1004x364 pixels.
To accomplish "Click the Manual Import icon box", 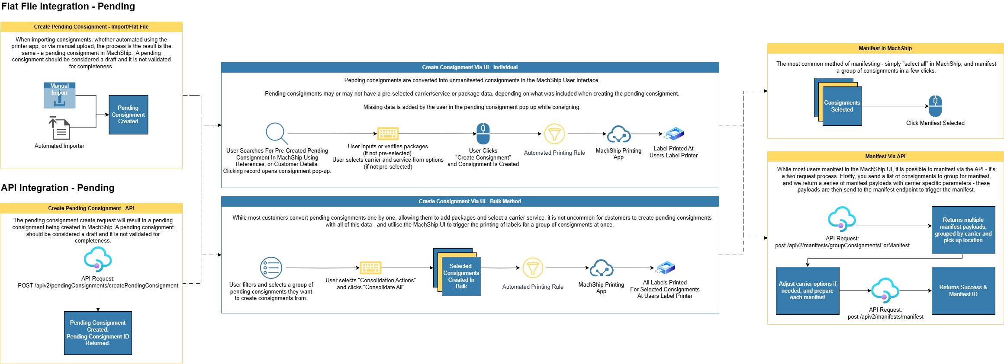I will point(60,95).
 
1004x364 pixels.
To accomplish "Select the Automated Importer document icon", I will point(60,128).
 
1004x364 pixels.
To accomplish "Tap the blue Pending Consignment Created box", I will point(129,115).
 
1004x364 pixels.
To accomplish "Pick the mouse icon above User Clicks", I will point(483,133).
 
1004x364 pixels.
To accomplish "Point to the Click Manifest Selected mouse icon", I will point(935,106).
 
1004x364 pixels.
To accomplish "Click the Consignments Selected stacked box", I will point(842,106).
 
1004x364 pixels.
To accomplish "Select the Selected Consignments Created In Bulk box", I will point(461,276).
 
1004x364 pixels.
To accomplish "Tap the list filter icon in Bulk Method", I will point(271,268).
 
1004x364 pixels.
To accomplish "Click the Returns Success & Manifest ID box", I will point(963,291).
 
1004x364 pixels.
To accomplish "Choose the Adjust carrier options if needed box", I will point(807,291).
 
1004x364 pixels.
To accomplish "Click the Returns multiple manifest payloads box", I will point(963,230).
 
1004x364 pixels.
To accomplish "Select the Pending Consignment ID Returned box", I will point(98,333).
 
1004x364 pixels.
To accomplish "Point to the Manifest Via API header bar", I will point(885,156).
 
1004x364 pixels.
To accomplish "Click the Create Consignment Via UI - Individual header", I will point(470,67).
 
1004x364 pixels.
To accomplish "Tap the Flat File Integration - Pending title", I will point(68,6).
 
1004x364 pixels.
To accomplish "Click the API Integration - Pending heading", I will point(58,188).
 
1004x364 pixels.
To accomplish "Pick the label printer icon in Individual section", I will point(674,134).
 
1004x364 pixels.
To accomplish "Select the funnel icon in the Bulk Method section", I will point(533,268).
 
